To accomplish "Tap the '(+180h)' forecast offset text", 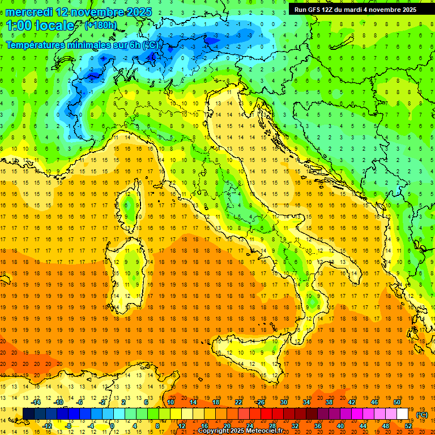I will tap(100, 25).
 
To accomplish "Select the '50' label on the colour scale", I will tap(396, 402).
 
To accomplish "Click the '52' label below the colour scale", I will tap(408, 426).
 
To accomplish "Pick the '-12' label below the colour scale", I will tap(47, 426).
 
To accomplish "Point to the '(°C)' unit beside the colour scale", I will tap(422, 415).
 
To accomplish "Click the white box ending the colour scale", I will tap(402, 414).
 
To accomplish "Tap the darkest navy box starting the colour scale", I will tap(28, 414).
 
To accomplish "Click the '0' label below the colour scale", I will tap(113, 426).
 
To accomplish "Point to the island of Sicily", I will tap(249, 357).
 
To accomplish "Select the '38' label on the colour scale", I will tap(329, 402).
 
